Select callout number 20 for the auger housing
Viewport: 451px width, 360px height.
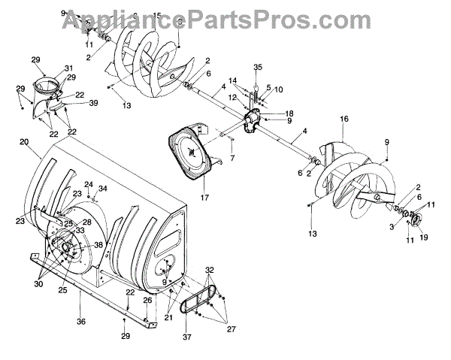pos(25,141)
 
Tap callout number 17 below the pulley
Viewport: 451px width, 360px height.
pos(182,198)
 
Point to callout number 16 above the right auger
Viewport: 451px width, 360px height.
pos(344,119)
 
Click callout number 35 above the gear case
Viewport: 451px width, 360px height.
pos(257,68)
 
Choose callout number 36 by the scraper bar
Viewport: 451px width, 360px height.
pos(81,321)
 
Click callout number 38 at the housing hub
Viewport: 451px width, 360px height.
pos(98,246)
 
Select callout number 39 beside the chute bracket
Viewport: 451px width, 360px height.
pos(93,104)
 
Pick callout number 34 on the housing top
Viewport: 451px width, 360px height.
pos(103,189)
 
